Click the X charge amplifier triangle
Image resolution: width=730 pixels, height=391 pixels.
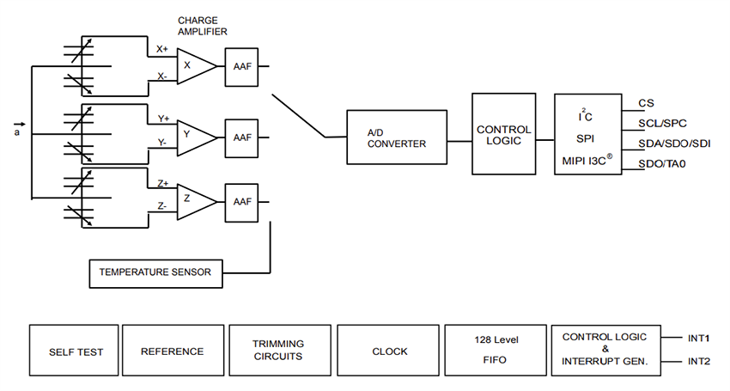(x=194, y=65)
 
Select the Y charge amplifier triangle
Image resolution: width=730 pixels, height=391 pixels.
(x=194, y=134)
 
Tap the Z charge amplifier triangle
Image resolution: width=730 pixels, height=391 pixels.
(x=194, y=201)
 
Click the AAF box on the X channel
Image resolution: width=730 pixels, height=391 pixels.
(x=242, y=65)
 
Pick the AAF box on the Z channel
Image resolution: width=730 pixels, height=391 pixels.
(x=242, y=201)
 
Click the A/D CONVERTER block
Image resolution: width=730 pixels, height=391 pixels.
(x=396, y=137)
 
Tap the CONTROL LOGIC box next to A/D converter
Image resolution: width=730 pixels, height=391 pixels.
(x=503, y=136)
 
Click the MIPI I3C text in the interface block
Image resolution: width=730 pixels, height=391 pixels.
(x=587, y=160)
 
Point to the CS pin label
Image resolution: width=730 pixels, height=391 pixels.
(x=646, y=103)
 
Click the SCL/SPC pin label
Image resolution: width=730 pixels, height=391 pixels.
(x=661, y=123)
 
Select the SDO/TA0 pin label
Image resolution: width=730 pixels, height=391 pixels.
(x=662, y=163)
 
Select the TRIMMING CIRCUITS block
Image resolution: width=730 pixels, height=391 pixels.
(x=277, y=351)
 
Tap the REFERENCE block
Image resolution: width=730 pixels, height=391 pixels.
(x=172, y=351)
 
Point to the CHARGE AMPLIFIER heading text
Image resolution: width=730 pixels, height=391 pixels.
(x=204, y=26)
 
